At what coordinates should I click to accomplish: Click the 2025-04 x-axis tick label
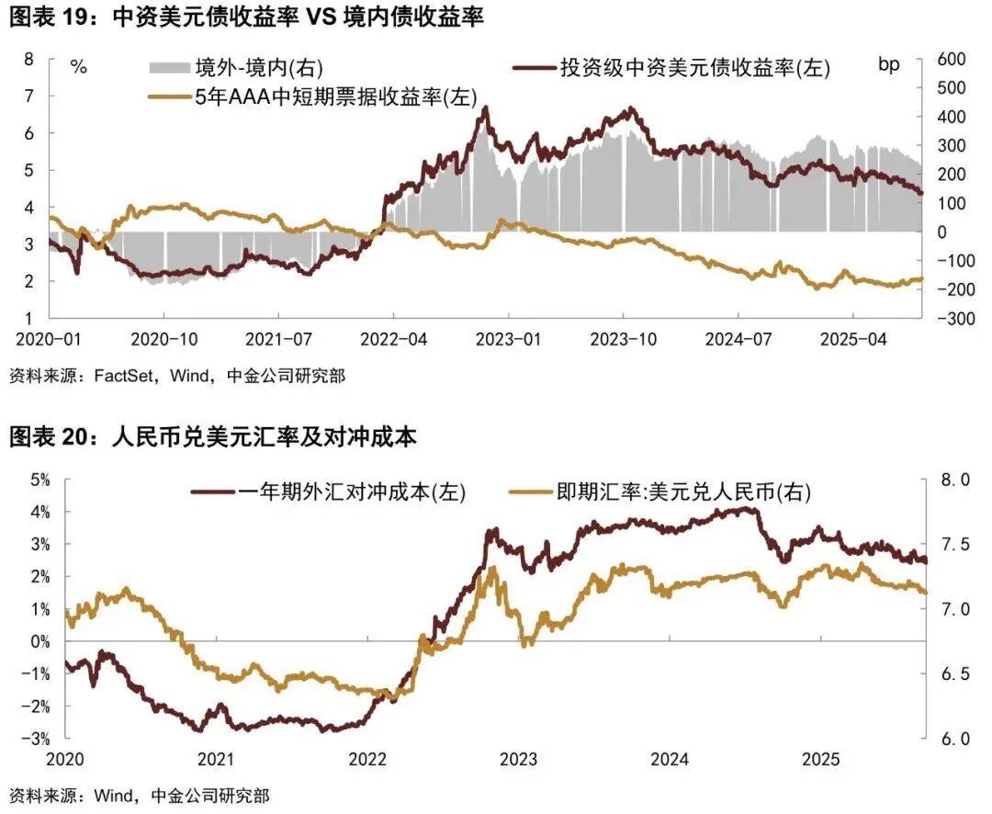click(x=851, y=338)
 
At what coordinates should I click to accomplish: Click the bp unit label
click(x=889, y=64)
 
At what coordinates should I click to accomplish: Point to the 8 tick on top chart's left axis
click(x=28, y=59)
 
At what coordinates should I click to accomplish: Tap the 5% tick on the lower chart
click(x=39, y=479)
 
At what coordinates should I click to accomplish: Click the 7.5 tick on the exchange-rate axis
click(x=954, y=544)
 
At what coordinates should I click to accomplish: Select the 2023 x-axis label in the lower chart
click(x=519, y=760)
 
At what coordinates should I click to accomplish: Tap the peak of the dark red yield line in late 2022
click(x=484, y=108)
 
